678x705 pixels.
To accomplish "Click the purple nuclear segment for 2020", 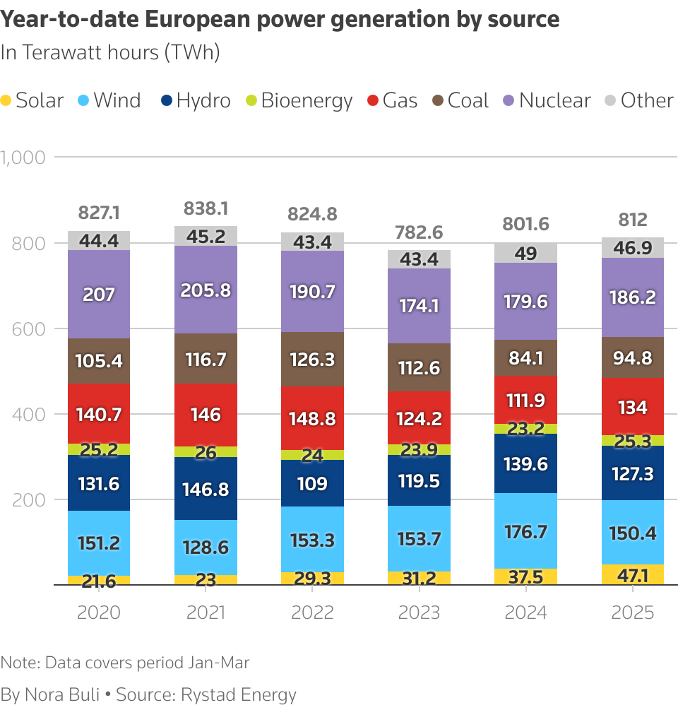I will click(x=99, y=294).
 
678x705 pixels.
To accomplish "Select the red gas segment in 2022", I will click(x=312, y=418).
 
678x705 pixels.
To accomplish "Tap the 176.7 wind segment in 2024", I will click(x=526, y=531).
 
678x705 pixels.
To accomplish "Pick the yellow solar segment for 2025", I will click(x=633, y=574).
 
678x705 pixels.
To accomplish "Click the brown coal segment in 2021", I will click(x=206, y=359).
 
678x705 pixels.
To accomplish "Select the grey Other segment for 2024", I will click(x=526, y=253).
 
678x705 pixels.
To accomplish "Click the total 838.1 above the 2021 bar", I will click(x=206, y=208).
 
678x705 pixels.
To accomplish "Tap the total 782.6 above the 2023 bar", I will click(x=419, y=232).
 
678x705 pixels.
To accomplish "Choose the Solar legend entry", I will click(x=32, y=100).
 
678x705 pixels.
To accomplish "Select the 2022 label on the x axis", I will click(x=312, y=612).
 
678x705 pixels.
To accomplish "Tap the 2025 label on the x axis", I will click(x=633, y=612).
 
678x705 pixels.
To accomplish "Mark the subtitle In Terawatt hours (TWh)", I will click(x=110, y=53).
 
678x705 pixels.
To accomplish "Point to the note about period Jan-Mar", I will click(x=126, y=663).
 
